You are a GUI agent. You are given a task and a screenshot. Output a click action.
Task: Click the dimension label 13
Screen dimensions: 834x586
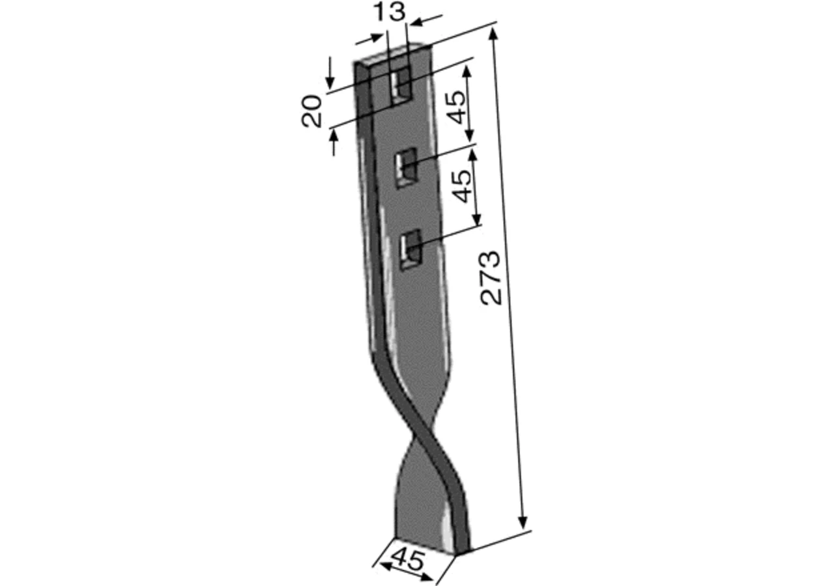(x=389, y=12)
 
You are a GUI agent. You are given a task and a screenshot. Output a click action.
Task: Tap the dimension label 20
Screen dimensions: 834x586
(x=311, y=111)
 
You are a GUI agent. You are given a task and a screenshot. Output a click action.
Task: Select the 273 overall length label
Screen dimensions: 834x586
(x=491, y=278)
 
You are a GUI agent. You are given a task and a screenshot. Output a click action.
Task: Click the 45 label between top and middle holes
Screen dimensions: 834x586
(x=455, y=107)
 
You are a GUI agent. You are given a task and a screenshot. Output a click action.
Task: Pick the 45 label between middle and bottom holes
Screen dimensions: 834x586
(x=461, y=186)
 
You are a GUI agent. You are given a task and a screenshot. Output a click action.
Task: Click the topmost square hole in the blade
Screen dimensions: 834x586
(x=401, y=87)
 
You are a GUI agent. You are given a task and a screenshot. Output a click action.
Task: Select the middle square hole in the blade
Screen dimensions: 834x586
(x=406, y=167)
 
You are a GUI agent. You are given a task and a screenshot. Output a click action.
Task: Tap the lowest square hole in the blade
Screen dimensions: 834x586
(x=411, y=249)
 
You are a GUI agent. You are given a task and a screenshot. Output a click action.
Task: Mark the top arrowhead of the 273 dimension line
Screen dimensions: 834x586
(x=493, y=33)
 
